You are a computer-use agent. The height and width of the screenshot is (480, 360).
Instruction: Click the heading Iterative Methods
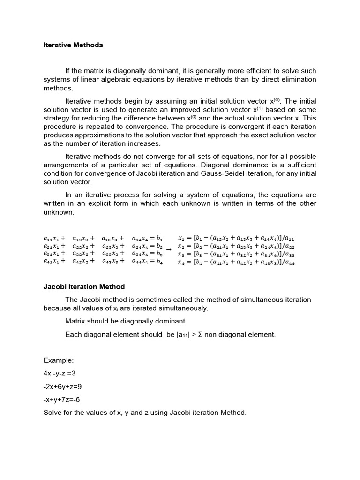(73, 45)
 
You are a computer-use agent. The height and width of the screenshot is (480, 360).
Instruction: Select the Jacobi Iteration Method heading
(84, 286)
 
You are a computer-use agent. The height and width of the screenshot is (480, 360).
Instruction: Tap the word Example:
(59, 360)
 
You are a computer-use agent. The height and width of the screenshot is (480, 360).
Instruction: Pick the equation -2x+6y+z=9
(65, 387)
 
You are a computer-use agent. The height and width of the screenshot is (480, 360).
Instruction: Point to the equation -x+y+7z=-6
(64, 400)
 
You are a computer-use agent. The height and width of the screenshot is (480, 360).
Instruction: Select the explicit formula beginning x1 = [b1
(236, 238)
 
